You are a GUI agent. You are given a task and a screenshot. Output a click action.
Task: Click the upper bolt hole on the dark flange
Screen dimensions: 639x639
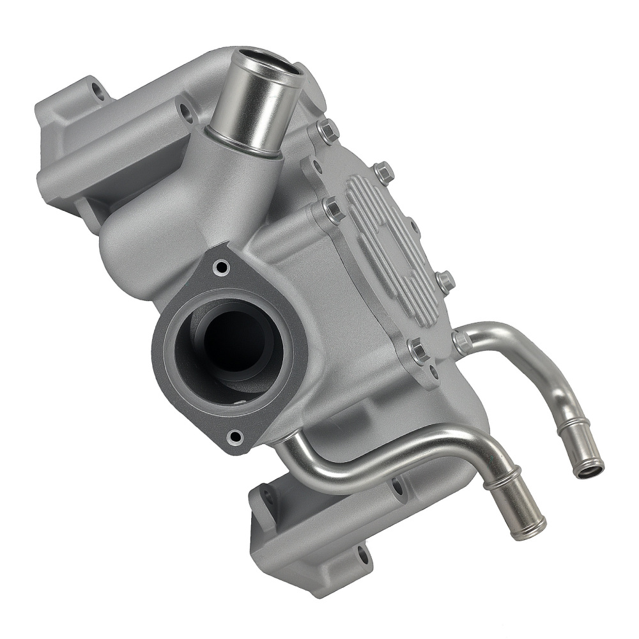pos(221,267)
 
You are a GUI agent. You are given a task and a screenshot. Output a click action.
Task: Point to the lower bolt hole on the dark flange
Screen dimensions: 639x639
pos(236,438)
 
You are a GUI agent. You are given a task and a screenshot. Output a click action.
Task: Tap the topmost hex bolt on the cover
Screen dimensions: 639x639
pos(327,132)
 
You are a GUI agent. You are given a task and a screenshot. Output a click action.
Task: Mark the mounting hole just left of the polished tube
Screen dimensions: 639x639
pos(186,114)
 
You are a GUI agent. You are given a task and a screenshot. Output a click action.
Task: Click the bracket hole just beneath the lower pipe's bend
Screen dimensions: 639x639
pos(397,488)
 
